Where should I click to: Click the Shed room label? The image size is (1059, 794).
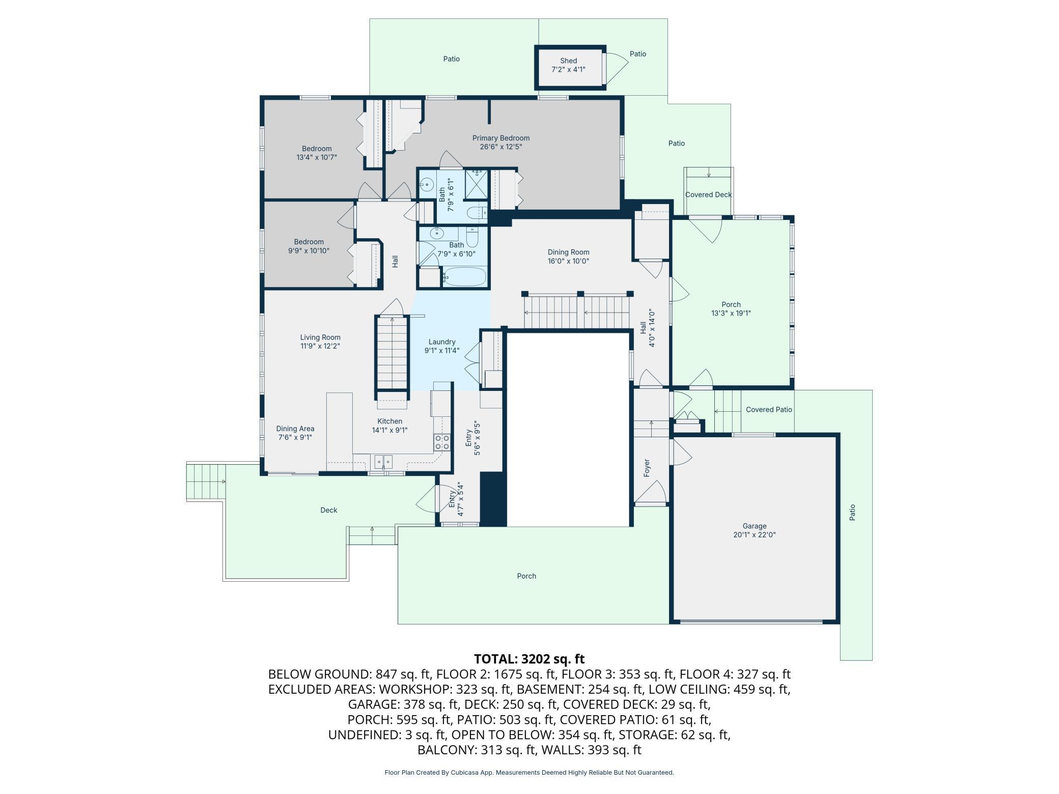point(568,61)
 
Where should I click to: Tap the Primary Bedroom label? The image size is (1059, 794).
point(500,138)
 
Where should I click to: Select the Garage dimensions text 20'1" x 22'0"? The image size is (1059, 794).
point(754,535)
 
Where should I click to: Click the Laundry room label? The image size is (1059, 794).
point(441,342)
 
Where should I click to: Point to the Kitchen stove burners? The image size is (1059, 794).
point(442,442)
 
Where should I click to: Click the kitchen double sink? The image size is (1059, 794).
point(383,461)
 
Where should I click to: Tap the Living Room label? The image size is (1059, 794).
point(320,337)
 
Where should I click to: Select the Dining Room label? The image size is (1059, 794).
point(568,252)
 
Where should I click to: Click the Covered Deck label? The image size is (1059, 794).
point(708,194)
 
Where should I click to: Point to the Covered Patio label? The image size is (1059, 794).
point(769,409)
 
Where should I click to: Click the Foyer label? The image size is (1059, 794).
point(647,468)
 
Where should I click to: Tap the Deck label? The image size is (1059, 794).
point(328,510)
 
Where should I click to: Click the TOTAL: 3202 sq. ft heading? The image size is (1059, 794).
point(529,659)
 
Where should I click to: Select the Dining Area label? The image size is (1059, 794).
point(295,429)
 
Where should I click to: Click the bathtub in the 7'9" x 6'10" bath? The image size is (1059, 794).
point(464,277)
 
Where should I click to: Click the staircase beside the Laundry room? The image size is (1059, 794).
point(392,353)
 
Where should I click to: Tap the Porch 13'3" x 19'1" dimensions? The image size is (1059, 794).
point(731,314)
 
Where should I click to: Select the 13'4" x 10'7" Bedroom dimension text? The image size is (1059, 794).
point(317,157)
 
